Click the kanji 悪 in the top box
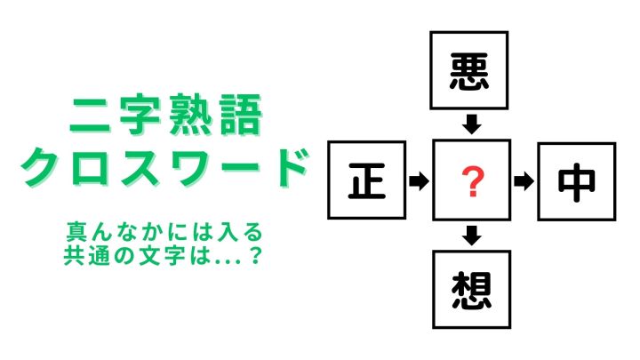click(x=469, y=71)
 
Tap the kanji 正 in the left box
click(x=366, y=180)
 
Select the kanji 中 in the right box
click(x=576, y=182)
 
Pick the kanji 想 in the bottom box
click(x=471, y=290)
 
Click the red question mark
click(x=472, y=181)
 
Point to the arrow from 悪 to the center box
click(x=471, y=124)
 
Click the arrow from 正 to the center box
click(x=419, y=180)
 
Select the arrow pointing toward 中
click(x=524, y=181)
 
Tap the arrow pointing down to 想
click(x=472, y=236)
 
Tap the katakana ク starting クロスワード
click(x=41, y=167)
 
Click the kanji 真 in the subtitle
click(x=76, y=232)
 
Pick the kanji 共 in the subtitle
click(x=74, y=255)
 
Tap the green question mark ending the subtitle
click(x=256, y=255)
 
